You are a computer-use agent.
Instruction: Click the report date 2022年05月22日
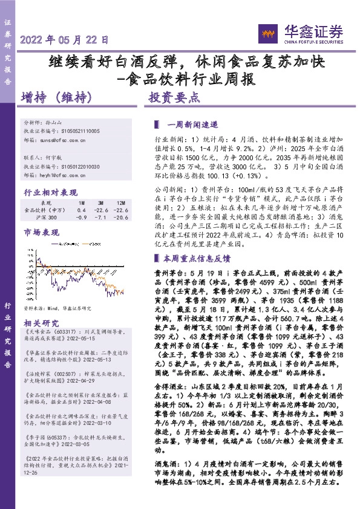pos(65,41)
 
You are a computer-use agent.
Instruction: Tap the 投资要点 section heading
pos(174,97)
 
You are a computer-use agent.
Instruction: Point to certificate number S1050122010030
pos(77,166)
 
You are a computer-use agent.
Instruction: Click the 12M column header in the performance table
pos(121,204)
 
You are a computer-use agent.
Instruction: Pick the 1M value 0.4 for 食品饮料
pos(82,210)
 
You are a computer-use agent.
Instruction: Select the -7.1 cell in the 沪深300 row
pos(100,216)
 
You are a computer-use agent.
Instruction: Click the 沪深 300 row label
pos(46,216)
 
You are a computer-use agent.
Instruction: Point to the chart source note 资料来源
pos(57,308)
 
